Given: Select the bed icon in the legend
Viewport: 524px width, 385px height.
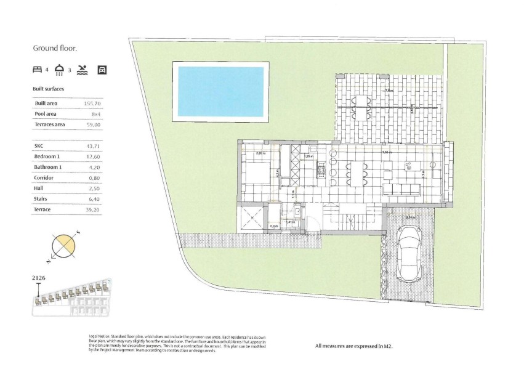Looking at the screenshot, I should click(x=38, y=70).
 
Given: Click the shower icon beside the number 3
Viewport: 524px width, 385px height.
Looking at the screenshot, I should click(x=60, y=70).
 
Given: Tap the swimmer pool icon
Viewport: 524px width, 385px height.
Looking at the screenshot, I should click(x=83, y=70).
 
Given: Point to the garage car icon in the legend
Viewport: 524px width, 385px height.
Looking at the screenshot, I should click(x=102, y=70).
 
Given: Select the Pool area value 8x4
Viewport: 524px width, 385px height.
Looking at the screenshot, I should click(x=95, y=114).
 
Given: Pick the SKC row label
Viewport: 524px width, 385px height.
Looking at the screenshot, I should click(x=40, y=146).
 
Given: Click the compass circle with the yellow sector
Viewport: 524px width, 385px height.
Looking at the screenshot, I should click(x=63, y=246).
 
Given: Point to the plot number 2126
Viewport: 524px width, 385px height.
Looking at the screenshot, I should click(x=39, y=278).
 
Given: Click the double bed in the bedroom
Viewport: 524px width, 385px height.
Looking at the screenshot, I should click(x=254, y=171).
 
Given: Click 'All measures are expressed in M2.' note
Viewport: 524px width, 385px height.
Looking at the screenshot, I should click(x=353, y=346).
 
